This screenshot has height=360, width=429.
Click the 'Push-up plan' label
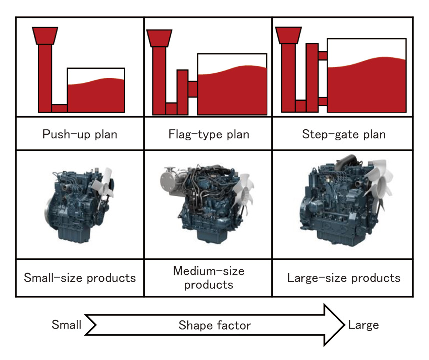click(x=80, y=135)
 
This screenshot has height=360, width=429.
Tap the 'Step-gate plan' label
click(x=344, y=135)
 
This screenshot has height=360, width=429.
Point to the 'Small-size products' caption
click(x=80, y=278)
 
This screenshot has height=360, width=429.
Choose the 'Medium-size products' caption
click(x=209, y=278)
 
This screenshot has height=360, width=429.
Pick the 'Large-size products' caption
click(x=344, y=278)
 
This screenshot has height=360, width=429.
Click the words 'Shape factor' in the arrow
click(x=215, y=326)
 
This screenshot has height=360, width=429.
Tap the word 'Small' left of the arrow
click(x=66, y=325)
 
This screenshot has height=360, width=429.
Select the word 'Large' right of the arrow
click(x=363, y=325)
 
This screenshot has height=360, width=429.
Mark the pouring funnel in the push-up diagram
click(x=44, y=35)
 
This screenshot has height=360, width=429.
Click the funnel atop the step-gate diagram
click(x=288, y=35)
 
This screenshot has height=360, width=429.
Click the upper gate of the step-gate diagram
click(x=322, y=55)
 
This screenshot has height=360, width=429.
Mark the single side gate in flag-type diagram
click(x=192, y=89)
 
